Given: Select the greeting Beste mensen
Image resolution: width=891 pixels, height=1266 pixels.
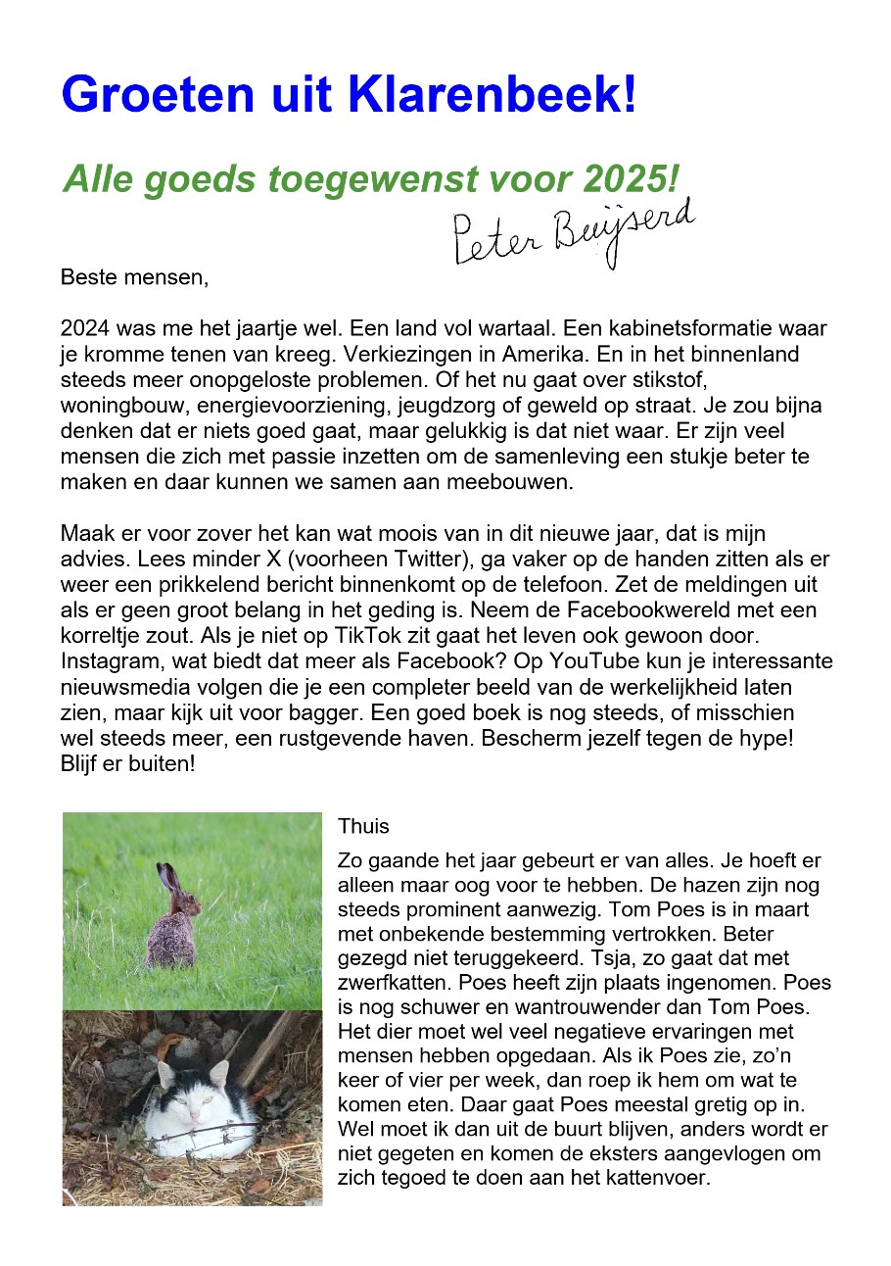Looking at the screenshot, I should (135, 276).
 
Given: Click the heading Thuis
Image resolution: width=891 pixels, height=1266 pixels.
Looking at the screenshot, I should (363, 826).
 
